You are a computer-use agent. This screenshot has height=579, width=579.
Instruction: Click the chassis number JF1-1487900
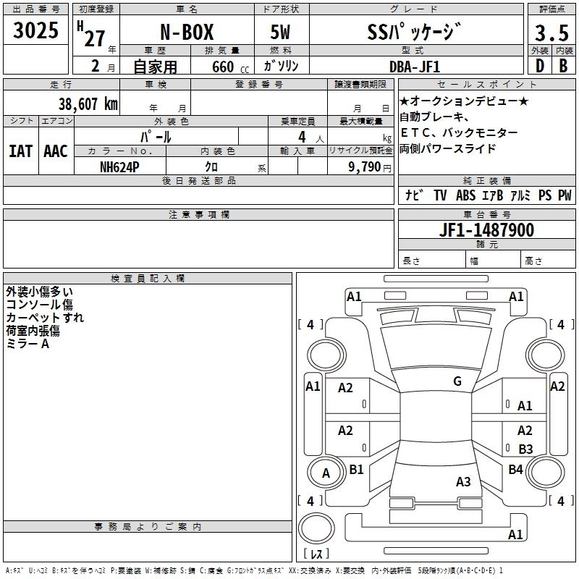click(x=487, y=230)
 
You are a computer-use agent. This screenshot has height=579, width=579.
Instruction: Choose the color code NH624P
click(x=120, y=166)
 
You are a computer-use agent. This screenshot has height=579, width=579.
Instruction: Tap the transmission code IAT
click(x=20, y=151)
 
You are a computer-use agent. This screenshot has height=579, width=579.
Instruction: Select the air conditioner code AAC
click(x=56, y=151)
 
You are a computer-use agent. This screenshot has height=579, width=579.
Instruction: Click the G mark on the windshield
click(x=457, y=381)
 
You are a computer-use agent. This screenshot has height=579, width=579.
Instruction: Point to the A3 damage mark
click(x=463, y=482)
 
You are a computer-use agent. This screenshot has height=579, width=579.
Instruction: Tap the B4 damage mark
click(x=515, y=470)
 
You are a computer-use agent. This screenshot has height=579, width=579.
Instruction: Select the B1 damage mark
click(x=356, y=470)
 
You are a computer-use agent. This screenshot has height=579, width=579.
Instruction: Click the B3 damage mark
click(x=525, y=449)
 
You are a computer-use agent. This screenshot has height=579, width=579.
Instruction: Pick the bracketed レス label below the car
click(x=316, y=554)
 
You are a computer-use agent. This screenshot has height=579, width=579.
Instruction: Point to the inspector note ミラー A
click(x=28, y=344)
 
